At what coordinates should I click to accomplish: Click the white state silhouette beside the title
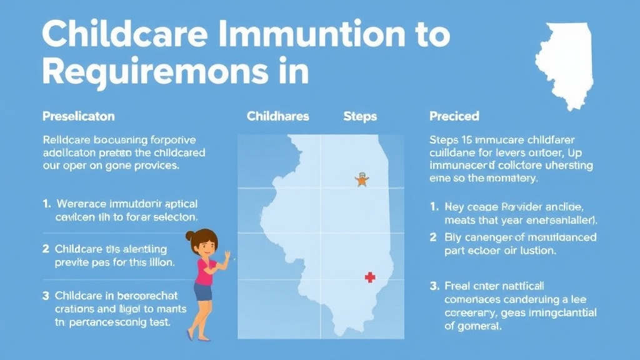click(565, 62)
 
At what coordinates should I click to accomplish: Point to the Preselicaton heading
click(78, 116)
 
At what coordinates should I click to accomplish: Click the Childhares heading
click(277, 116)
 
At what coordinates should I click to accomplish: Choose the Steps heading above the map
click(360, 116)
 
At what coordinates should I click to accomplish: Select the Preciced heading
click(454, 116)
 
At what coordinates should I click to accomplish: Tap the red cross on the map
click(370, 277)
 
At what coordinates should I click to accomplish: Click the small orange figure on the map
click(361, 180)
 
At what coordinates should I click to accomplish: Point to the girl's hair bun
click(189, 236)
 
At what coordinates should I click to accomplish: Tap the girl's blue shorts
click(203, 292)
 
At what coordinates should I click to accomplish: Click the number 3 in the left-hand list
click(46, 295)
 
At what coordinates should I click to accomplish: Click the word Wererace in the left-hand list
click(81, 204)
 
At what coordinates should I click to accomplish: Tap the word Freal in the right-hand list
click(457, 286)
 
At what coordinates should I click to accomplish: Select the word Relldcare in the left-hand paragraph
click(69, 139)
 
